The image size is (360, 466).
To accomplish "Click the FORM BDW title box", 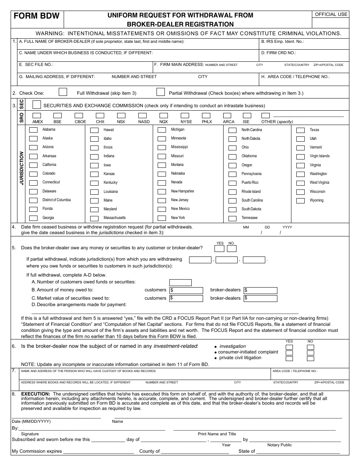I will (37, 16).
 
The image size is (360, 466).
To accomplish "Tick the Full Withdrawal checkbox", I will (63, 92).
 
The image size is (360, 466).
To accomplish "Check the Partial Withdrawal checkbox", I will (161, 92).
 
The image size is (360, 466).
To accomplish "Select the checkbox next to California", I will (34, 165).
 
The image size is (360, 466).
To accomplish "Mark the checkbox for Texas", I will (301, 130).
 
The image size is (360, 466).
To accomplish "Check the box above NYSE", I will (185, 116).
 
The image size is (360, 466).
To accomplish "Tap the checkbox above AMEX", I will (37, 116).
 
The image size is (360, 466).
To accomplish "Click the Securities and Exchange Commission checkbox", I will (37, 104).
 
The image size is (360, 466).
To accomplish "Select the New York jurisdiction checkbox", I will (162, 218).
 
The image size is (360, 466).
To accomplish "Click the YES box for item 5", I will (219, 249).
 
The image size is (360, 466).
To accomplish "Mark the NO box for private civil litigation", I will (310, 358).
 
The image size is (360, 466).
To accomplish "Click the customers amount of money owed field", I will (186, 290).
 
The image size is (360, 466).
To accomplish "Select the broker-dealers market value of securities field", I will (260, 298).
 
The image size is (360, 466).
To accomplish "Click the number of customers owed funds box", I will (180, 282).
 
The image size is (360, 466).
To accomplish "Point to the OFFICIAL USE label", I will (331, 14).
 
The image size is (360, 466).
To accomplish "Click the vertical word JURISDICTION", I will (22, 168).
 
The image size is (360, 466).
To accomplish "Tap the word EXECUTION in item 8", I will (35, 394).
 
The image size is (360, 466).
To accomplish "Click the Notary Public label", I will (279, 445).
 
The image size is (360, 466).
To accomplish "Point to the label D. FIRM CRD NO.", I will (279, 53).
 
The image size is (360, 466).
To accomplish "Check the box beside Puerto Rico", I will (232, 183).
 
